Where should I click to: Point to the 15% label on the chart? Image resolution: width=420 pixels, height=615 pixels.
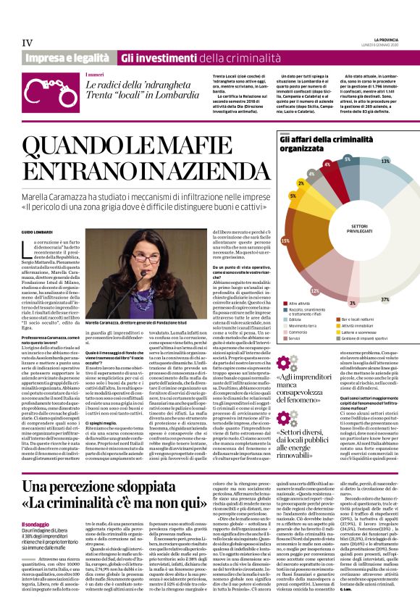(x=285, y=240)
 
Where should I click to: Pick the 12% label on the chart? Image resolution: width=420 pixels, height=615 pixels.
(x=314, y=290)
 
